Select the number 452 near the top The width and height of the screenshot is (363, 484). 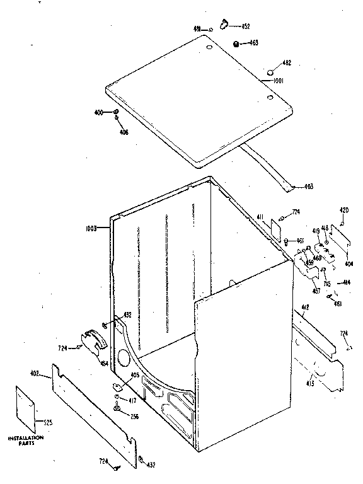coord(245,26)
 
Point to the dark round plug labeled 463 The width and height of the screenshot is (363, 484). coord(236,43)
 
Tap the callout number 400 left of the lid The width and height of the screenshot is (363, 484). coord(98,112)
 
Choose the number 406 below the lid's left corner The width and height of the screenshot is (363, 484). coord(124,132)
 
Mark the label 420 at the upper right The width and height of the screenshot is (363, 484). coord(344,210)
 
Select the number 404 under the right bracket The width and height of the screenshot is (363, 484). coord(348,263)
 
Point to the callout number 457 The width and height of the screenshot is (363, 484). coord(316,291)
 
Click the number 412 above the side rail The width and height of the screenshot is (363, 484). coord(306,308)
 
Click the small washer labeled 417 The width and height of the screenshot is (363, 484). coord(117,398)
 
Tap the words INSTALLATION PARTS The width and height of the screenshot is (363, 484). coord(25,440)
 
